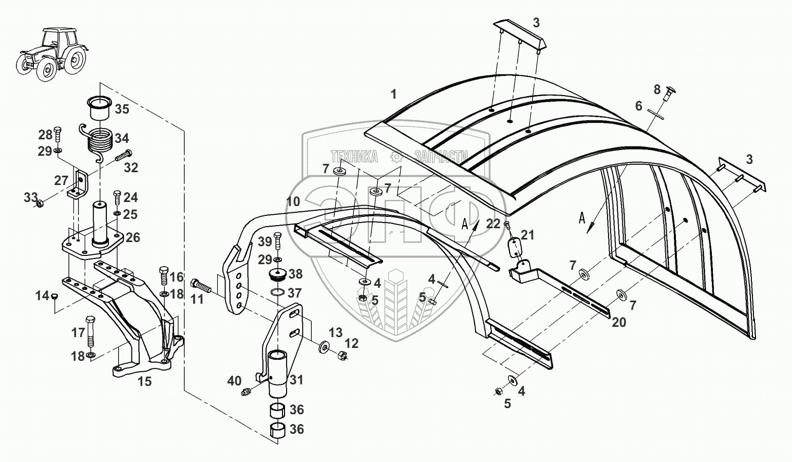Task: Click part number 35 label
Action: tap(122, 109)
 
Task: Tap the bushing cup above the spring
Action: tap(98, 108)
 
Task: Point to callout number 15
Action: tap(145, 382)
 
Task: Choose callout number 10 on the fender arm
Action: tap(293, 201)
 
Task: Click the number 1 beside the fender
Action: tap(393, 95)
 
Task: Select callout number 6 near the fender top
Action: tap(638, 106)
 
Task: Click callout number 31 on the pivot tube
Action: tap(296, 380)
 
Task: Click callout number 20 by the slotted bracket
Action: tap(619, 322)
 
